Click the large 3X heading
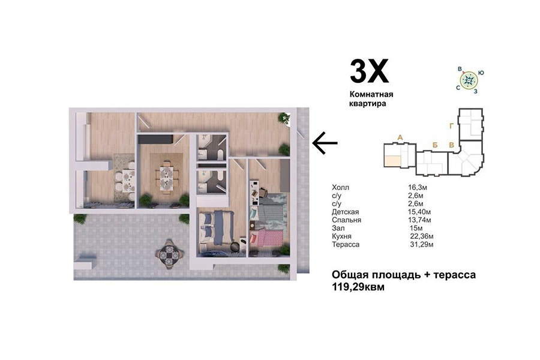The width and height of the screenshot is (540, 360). coord(369,71)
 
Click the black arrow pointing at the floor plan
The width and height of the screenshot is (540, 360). coord(325,143)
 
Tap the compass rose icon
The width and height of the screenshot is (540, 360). coord(469,80)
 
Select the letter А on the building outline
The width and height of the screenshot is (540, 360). coord(400,137)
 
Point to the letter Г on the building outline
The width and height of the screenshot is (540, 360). coord(451,126)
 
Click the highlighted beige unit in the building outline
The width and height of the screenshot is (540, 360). coord(392,161)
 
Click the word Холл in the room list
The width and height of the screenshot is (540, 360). coord(340,187)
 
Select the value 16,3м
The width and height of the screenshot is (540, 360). coord(418,187)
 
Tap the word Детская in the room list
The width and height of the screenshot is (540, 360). coord(346,212)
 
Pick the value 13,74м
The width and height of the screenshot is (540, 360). coord(419,220)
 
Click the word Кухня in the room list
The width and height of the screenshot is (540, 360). coord(341,236)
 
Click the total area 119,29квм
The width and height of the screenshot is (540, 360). coord(358,287)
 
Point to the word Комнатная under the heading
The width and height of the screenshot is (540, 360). coord(371,94)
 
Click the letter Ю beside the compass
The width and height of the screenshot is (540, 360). coord(481,73)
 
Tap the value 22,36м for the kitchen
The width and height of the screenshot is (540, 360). coord(422,236)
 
